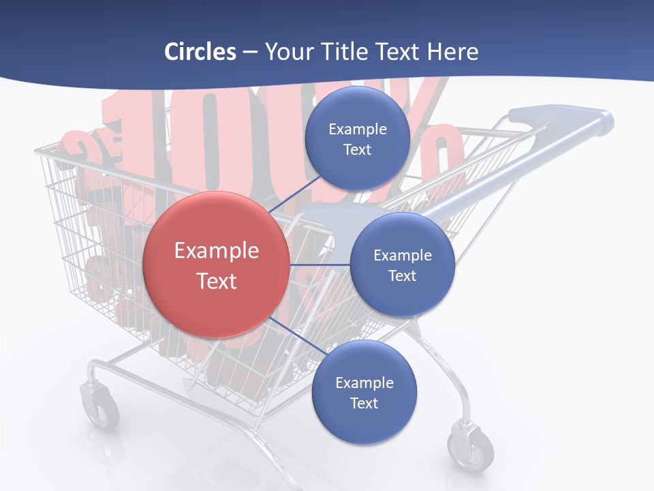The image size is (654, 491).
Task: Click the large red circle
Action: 216,265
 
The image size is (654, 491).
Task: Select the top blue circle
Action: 357,138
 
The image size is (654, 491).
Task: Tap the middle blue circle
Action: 402,265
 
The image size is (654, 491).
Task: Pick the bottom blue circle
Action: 364,392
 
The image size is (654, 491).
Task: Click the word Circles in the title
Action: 200,52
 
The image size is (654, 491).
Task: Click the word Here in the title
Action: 453,52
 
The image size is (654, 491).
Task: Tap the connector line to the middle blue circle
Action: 320,265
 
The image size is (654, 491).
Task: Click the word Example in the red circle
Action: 217,251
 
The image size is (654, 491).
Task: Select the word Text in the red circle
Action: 217,281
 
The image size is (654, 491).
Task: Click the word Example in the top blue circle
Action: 358,130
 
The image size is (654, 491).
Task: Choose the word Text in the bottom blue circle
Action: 364,403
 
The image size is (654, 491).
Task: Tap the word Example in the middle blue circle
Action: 403,256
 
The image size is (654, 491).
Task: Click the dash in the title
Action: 250,52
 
